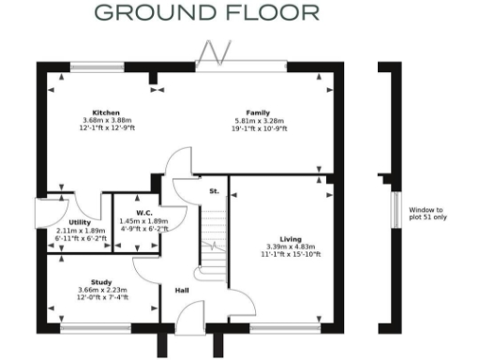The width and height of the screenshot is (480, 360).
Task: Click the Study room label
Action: [101, 280]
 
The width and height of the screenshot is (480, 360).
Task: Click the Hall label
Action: [183, 290]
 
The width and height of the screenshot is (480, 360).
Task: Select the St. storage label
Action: [214, 190]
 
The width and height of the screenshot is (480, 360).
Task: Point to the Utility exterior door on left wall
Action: [39, 214]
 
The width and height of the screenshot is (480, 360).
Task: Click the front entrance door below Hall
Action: [189, 323]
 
